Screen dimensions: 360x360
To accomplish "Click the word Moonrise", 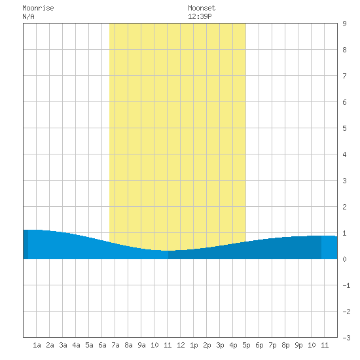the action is click(x=38, y=8).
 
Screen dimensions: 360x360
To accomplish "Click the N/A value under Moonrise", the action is click(x=28, y=16).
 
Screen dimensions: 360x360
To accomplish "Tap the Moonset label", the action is click(x=202, y=8).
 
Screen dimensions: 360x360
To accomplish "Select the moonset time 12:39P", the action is click(x=200, y=16).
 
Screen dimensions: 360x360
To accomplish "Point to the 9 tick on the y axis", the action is click(x=344, y=24).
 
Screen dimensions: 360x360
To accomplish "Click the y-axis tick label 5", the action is click(x=344, y=128).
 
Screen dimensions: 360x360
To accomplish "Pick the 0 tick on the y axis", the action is click(x=344, y=259).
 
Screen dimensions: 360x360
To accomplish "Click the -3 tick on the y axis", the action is click(x=347, y=338).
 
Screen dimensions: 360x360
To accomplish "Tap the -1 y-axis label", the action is click(x=347, y=285).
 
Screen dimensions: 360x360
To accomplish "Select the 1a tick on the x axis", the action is click(x=37, y=345).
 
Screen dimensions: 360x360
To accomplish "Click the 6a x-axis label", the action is click(x=102, y=345).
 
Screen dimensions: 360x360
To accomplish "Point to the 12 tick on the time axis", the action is click(x=181, y=345).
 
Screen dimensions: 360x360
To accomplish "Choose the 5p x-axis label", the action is click(x=246, y=345).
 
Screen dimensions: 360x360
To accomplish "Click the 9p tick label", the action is click(x=298, y=345).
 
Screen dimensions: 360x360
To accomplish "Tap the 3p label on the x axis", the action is click(x=220, y=345).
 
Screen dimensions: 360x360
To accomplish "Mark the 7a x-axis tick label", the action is click(x=115, y=345).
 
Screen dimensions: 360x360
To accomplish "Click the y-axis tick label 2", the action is click(x=344, y=207).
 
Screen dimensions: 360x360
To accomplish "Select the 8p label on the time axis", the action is click(x=285, y=345).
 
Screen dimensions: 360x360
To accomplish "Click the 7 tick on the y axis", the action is click(x=344, y=76).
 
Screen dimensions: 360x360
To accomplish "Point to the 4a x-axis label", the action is click(x=76, y=345).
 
